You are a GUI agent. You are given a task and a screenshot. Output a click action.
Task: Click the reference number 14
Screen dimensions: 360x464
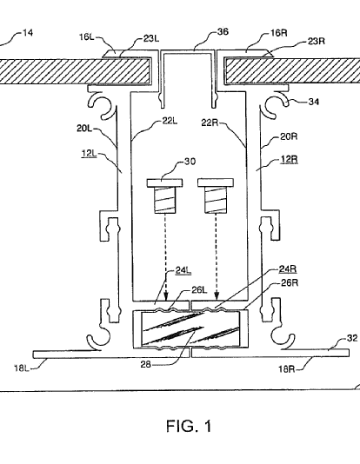click(28, 32)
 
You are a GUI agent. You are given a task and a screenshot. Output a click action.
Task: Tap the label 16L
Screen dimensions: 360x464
click(86, 37)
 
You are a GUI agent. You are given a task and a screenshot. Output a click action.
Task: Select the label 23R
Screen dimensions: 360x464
click(317, 41)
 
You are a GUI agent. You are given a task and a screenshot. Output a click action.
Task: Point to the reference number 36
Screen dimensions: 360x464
click(223, 31)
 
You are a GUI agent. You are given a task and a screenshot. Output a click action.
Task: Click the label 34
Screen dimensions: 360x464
click(314, 102)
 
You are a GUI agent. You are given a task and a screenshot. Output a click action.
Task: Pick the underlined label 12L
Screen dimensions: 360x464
click(89, 154)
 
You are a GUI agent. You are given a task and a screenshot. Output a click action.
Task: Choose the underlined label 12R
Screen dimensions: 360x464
click(289, 160)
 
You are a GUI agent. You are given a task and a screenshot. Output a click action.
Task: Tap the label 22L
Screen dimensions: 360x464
click(170, 121)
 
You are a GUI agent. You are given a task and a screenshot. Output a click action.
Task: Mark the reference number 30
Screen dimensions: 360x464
click(190, 162)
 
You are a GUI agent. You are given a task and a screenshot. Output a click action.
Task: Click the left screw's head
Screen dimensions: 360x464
click(164, 182)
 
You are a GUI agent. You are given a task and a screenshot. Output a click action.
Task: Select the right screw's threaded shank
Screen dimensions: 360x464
click(216, 200)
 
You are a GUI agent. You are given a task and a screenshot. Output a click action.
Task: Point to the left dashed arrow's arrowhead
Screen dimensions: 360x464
click(166, 295)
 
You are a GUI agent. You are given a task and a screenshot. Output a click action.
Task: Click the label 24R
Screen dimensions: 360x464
click(288, 269)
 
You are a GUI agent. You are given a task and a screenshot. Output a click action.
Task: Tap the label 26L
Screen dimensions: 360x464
click(199, 290)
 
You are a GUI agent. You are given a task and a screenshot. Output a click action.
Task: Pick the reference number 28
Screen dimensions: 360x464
click(146, 364)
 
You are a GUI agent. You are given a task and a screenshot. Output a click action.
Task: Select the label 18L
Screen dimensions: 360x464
click(22, 368)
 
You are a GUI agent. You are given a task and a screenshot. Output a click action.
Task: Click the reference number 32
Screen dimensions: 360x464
click(351, 338)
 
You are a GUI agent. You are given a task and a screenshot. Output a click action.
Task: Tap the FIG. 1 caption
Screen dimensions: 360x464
click(190, 426)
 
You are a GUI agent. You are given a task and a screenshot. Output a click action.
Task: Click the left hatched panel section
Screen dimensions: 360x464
click(75, 71)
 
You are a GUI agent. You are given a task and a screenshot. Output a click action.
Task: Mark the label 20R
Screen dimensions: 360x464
click(289, 136)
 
